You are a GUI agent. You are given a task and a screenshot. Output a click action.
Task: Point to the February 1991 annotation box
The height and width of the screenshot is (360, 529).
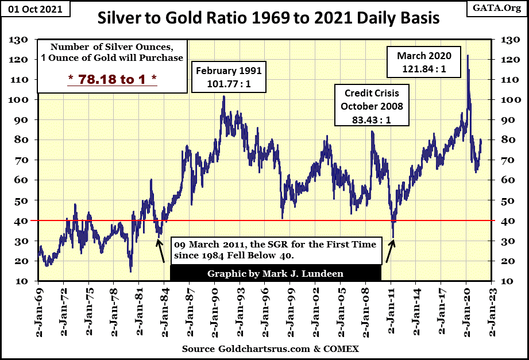tap(229, 77)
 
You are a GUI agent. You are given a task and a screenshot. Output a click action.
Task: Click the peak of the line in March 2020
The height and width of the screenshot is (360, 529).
tap(468, 56)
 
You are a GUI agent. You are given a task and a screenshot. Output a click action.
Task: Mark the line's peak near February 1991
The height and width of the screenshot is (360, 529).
tap(223, 96)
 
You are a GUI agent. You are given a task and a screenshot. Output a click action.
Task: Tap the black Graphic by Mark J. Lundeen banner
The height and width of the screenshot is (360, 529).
tap(275, 273)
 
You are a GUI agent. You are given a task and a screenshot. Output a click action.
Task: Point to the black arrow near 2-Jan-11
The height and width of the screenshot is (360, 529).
tap(391, 251)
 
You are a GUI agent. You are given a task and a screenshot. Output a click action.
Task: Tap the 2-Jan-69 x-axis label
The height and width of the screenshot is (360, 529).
tap(39, 310)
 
